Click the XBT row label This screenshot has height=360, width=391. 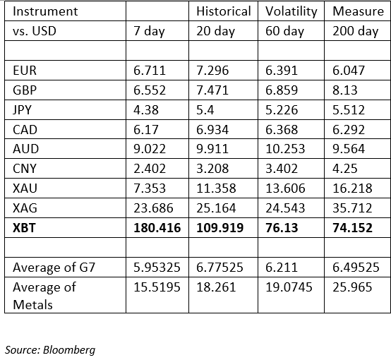pyautogui.click(x=24, y=228)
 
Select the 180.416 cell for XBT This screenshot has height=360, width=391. pyautogui.click(x=157, y=228)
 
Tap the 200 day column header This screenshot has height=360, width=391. pyautogui.click(x=355, y=32)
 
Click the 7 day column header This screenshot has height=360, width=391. pyautogui.click(x=149, y=32)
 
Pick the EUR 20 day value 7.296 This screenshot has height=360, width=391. pyautogui.click(x=212, y=71)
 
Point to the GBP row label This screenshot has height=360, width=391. pyautogui.click(x=25, y=90)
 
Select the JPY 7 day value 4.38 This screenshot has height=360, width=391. pyautogui.click(x=146, y=110)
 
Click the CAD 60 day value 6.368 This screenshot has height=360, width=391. pyautogui.click(x=282, y=129)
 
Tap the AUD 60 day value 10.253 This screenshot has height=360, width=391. pyautogui.click(x=285, y=149)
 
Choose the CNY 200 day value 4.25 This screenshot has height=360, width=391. pyautogui.click(x=345, y=169)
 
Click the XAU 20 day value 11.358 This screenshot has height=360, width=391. pyautogui.click(x=216, y=188)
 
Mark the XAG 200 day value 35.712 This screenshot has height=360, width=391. pyautogui.click(x=352, y=208)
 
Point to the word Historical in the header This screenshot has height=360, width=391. pyautogui.click(x=224, y=11)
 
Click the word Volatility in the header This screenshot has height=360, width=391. pyautogui.click(x=291, y=12)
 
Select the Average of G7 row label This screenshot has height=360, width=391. pyautogui.click(x=54, y=268)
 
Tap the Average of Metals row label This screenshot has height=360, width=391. pyautogui.click(x=44, y=296)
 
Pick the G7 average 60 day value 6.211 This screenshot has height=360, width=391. pyautogui.click(x=282, y=268)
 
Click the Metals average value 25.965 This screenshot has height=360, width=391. pyautogui.click(x=352, y=287)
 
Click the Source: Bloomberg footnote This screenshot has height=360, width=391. pyautogui.click(x=50, y=350)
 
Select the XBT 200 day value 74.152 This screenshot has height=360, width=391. pyautogui.click(x=352, y=228)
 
